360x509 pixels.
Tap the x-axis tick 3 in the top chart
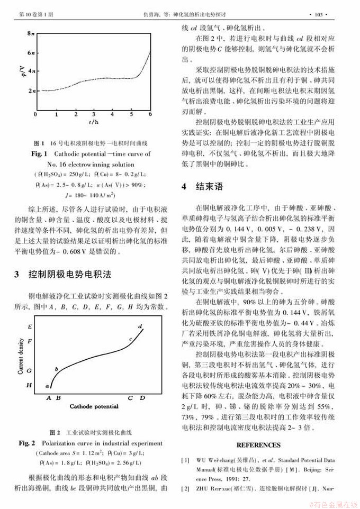(x=93, y=114)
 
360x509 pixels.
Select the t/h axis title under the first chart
(x=93, y=122)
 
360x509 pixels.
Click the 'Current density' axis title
(x=21, y=359)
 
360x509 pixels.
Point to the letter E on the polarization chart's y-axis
(x=30, y=327)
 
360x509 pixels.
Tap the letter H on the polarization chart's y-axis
(x=30, y=385)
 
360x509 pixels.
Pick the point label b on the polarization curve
(x=57, y=368)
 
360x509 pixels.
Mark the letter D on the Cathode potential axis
(x=143, y=397)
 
